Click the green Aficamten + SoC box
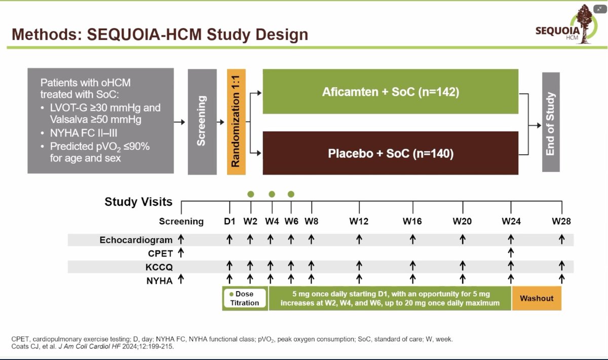tap(390, 92)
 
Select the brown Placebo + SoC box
tap(390, 153)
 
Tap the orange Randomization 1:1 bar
tap(236, 122)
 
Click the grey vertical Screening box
tap(202, 122)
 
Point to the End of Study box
tap(551, 122)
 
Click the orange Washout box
tap(536, 299)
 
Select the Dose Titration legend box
tap(245, 299)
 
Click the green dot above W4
tap(272, 194)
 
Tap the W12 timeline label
tap(359, 222)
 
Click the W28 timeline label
tap(561, 222)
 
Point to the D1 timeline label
tap(230, 222)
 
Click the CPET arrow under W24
tap(511, 252)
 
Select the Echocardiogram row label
tap(136, 240)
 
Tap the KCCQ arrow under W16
tap(412, 265)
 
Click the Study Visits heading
tap(138, 202)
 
